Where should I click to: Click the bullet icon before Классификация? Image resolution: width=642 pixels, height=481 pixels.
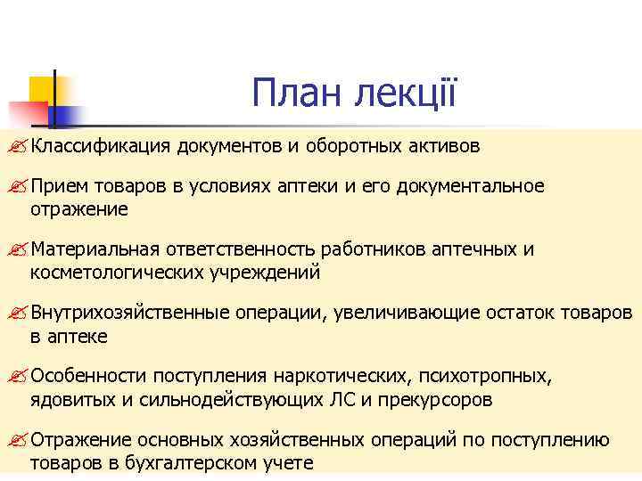point(19,146)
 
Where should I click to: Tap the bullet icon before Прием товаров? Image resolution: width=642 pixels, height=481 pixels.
point(19,187)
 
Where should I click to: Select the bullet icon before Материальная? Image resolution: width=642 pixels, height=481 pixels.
point(19,250)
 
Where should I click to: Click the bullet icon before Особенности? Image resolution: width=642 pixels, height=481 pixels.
point(19,377)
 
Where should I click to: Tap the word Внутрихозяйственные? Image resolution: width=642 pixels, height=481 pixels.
point(130,313)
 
